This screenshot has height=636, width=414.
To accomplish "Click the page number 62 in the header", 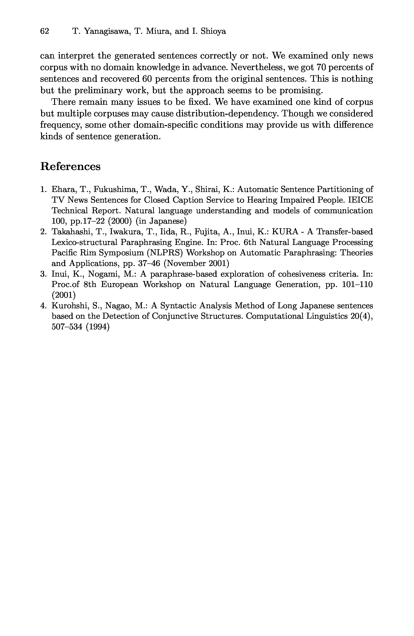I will click(45, 31).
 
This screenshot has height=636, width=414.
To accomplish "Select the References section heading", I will click(70, 166).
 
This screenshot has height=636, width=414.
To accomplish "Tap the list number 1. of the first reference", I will click(43, 189).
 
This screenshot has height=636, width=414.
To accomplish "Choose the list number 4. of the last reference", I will click(43, 306).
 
